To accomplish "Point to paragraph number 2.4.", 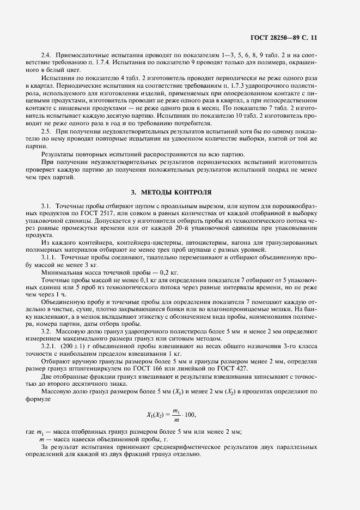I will [x=46, y=56].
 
